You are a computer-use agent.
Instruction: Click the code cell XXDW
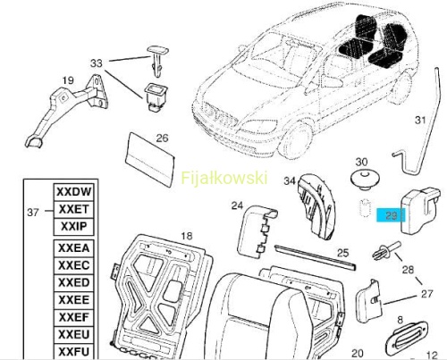tap(73, 192)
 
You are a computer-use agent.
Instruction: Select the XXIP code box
tap(73, 227)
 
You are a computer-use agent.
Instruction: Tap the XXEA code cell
tap(73, 248)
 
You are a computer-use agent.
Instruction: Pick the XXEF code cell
tap(73, 317)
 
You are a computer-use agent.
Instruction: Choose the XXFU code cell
tap(73, 352)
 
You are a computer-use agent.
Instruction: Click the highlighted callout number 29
tap(391, 215)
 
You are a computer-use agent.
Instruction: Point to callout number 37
tap(33, 213)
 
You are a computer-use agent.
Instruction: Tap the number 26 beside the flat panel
tap(162, 138)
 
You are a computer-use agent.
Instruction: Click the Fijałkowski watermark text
tap(224, 178)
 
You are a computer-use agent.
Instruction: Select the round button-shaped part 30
tap(365, 180)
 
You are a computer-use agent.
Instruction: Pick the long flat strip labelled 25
tap(316, 257)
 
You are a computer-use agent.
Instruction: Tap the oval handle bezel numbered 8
tap(407, 339)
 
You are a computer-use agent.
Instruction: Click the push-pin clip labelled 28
tap(386, 250)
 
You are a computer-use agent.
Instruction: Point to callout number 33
tap(97, 63)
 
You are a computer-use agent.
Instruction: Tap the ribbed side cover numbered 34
tap(316, 206)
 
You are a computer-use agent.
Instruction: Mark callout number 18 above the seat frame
tap(187, 236)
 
